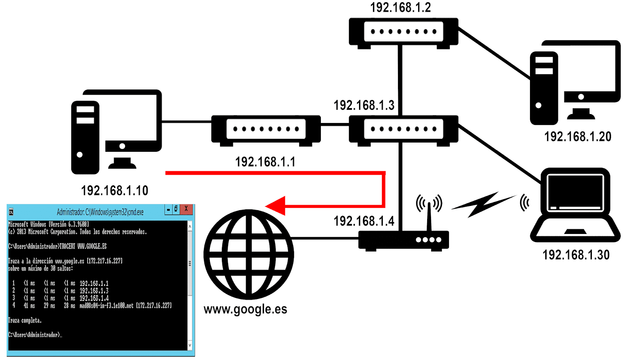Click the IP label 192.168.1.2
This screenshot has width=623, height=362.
400,7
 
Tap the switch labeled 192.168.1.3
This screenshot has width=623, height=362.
403,129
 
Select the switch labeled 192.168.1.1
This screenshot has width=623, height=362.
266,129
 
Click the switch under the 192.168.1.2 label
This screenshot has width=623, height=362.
403,32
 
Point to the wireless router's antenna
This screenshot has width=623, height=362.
429,216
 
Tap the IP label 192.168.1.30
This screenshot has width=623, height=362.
576,255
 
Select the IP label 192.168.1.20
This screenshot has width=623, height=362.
577,137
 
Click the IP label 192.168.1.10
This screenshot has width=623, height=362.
114,190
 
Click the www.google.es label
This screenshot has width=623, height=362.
245,309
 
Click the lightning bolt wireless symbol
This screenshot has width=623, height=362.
483,204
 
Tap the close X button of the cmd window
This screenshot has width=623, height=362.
186,209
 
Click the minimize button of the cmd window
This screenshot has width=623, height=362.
168,209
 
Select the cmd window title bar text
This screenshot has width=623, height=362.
100,212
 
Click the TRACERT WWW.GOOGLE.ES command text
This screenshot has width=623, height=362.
83,246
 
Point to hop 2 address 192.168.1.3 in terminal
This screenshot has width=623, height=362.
94,291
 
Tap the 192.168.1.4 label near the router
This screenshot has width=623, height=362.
364,221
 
